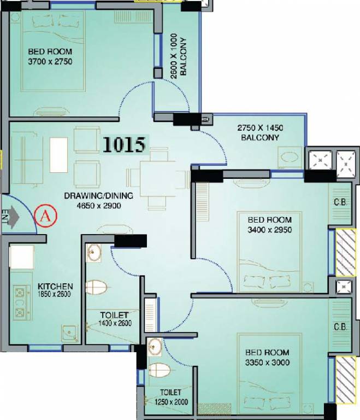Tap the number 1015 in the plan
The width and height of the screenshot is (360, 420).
coord(124,144)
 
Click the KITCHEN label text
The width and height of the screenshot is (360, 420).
coord(55,286)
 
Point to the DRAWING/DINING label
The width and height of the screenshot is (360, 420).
coord(92,196)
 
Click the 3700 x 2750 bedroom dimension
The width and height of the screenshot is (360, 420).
coord(50,62)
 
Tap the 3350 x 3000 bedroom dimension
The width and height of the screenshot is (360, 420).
coord(267,363)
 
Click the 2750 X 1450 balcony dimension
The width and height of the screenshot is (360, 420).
coord(260,127)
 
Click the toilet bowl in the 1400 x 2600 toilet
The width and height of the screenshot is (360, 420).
coord(97,286)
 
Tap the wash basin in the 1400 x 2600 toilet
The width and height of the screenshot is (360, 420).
coord(93,253)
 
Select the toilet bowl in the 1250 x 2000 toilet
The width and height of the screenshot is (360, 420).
coord(159,370)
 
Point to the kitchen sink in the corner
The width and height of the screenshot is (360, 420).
coord(68,332)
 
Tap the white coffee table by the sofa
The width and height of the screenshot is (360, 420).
coord(58,153)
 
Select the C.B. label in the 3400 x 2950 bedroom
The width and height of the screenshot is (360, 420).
coord(340,202)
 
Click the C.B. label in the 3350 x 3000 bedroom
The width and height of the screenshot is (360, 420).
coord(341,328)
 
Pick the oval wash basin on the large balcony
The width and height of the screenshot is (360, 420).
coord(290,158)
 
